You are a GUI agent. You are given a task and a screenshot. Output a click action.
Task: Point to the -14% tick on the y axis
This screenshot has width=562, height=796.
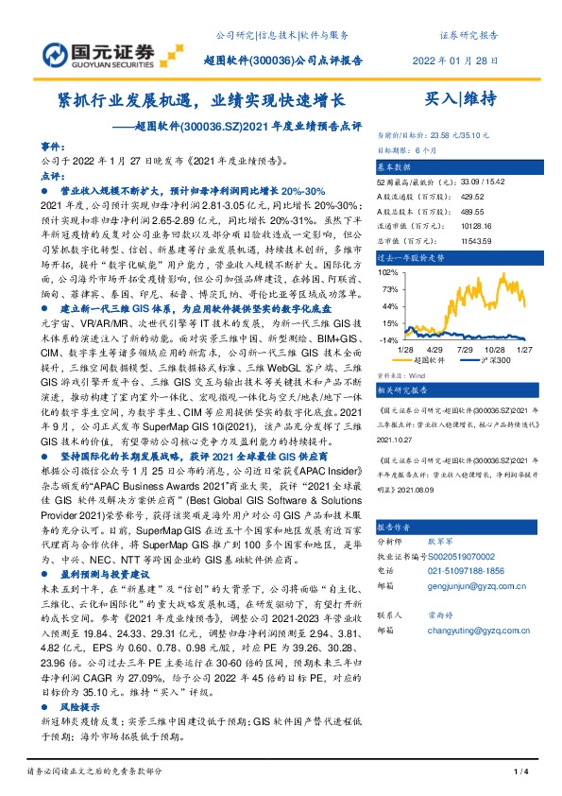387,339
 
